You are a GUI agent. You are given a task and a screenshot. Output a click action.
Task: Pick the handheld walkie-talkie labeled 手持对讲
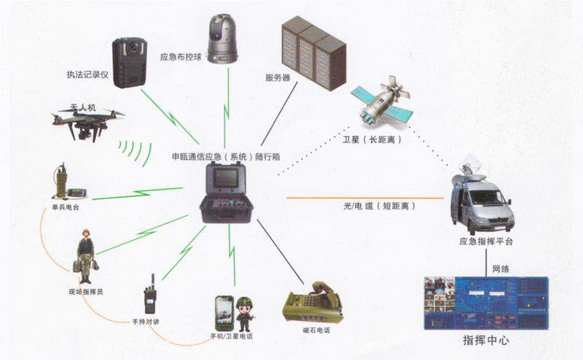click(x=151, y=296)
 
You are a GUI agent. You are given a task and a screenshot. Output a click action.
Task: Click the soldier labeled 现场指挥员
click(x=86, y=259)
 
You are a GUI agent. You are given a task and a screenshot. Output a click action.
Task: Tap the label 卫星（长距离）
click(x=373, y=138)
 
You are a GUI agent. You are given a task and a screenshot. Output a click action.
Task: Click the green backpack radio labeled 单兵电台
click(x=62, y=186)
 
